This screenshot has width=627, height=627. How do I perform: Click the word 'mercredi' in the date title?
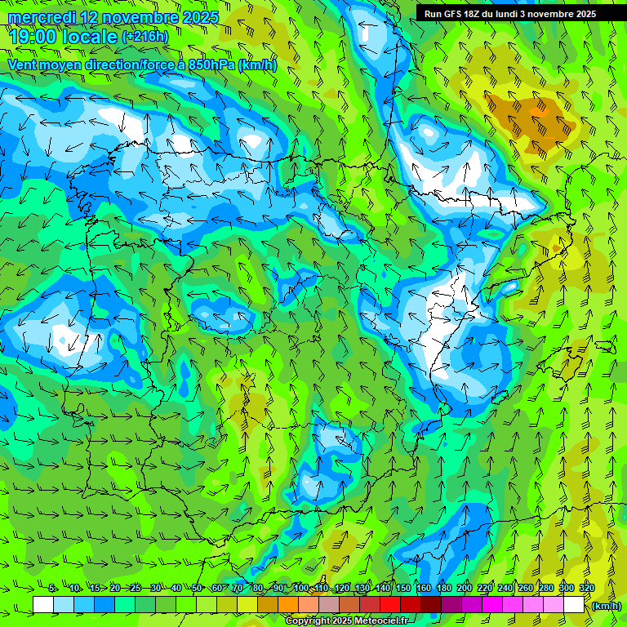pyautogui.click(x=38, y=17)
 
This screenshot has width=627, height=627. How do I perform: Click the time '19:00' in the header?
pyautogui.click(x=33, y=36)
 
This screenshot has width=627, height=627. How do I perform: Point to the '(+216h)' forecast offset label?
pyautogui.click(x=145, y=37)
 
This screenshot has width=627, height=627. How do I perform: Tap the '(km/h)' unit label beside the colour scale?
pyautogui.click(x=607, y=606)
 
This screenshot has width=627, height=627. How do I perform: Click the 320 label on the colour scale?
pyautogui.click(x=586, y=588)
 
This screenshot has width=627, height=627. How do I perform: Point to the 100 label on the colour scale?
pyautogui.click(x=301, y=588)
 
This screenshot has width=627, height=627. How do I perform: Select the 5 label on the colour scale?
pyautogui.click(x=52, y=588)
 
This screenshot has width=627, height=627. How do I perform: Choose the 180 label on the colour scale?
pyautogui.click(x=443, y=588)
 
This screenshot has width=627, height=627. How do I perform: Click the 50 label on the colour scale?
pyautogui.click(x=197, y=588)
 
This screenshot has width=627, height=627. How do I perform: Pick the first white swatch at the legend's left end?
pyautogui.click(x=43, y=605)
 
